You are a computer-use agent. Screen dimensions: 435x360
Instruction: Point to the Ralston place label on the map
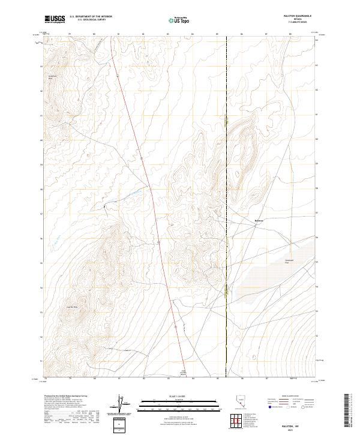point(259,220)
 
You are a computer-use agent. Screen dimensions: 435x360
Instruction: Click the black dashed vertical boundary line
point(226,180)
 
